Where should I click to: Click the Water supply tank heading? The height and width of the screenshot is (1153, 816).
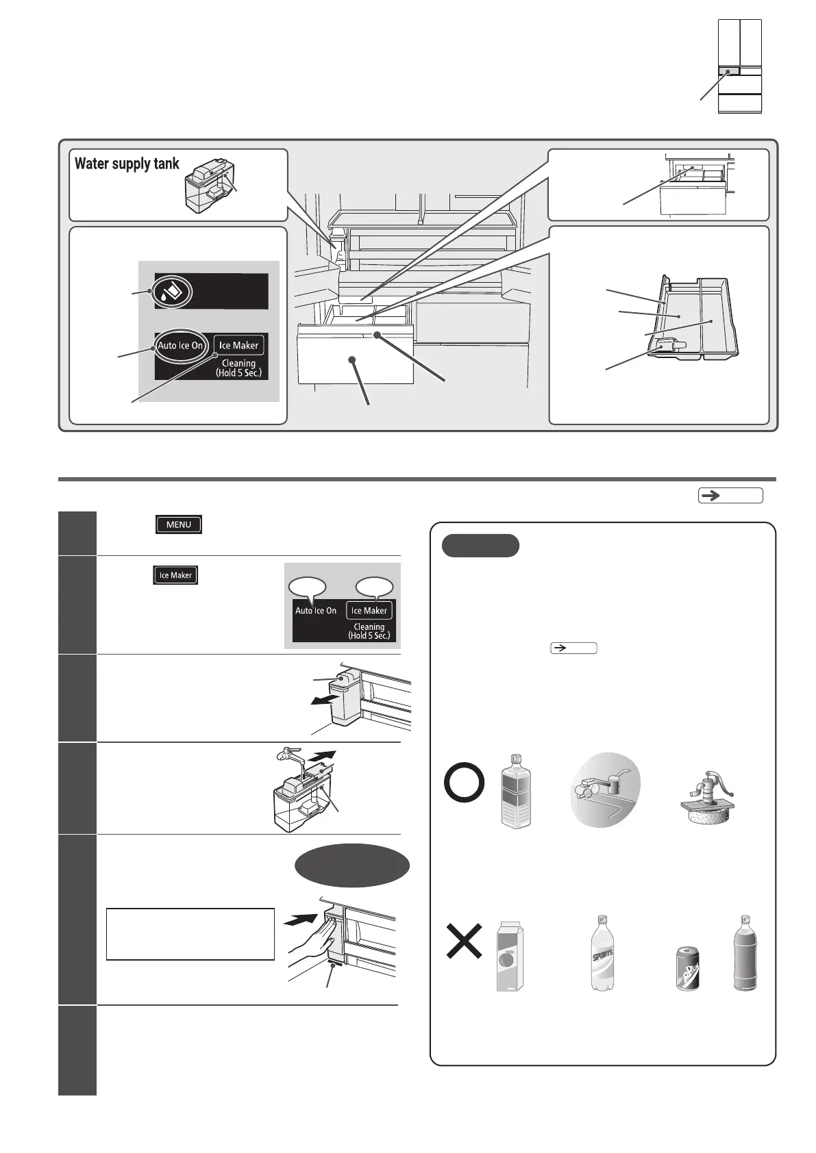pos(127,164)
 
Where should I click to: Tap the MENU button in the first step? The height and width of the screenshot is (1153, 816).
pos(179,524)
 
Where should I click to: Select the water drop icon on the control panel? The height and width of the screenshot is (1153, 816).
pos(173,292)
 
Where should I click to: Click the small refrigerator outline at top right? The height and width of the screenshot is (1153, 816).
pos(739,66)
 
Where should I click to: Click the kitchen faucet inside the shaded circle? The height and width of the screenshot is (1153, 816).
pos(605,794)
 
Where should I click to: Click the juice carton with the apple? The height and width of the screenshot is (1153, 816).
pos(508,956)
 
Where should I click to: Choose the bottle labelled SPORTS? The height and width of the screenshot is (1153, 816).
pos(603,953)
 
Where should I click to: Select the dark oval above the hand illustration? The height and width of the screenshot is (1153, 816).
pos(352,865)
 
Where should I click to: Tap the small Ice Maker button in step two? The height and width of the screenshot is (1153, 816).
pos(175,575)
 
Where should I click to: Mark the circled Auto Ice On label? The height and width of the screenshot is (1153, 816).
pos(180,346)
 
